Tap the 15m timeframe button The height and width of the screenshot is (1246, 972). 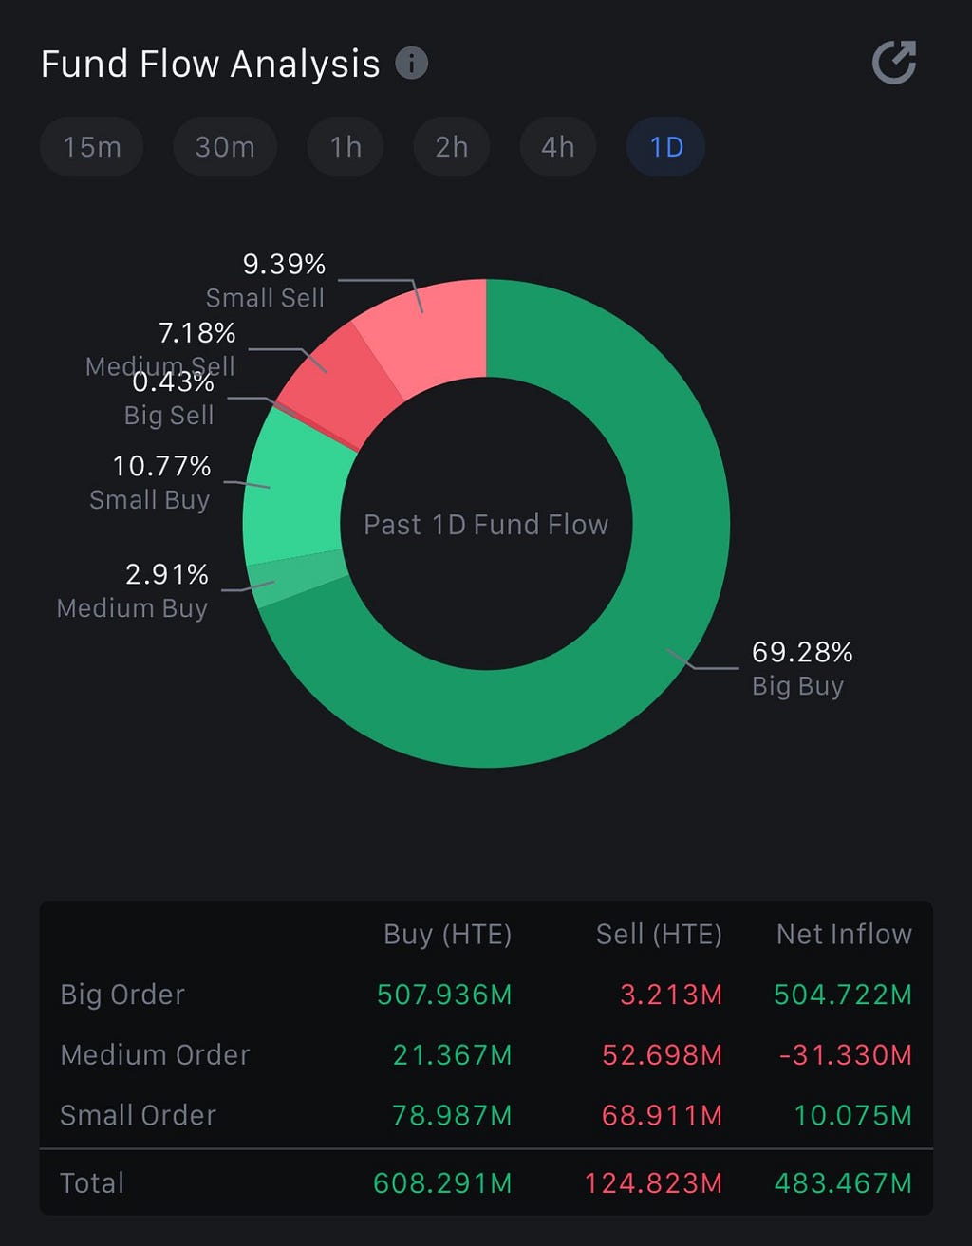click(92, 147)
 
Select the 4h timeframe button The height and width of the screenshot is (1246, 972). click(558, 147)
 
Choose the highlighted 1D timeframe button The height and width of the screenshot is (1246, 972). click(665, 147)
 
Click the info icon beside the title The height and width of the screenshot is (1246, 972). click(412, 63)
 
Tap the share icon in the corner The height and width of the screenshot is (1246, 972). click(894, 62)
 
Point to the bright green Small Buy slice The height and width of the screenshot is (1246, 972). click(293, 493)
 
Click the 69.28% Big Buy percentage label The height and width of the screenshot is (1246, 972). click(802, 652)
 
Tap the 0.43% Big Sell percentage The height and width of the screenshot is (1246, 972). click(173, 381)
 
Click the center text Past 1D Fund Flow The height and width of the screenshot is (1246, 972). click(486, 524)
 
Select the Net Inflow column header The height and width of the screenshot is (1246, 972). click(844, 934)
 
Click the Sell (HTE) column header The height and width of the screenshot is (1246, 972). click(659, 934)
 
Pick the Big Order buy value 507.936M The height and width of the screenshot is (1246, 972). click(444, 995)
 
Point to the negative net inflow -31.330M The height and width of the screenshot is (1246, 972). click(845, 1054)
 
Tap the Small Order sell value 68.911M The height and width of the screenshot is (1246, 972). click(662, 1115)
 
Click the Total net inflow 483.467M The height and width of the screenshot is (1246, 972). click(843, 1183)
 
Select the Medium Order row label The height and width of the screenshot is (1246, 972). click(156, 1054)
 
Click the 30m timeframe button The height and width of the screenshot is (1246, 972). click(225, 147)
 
